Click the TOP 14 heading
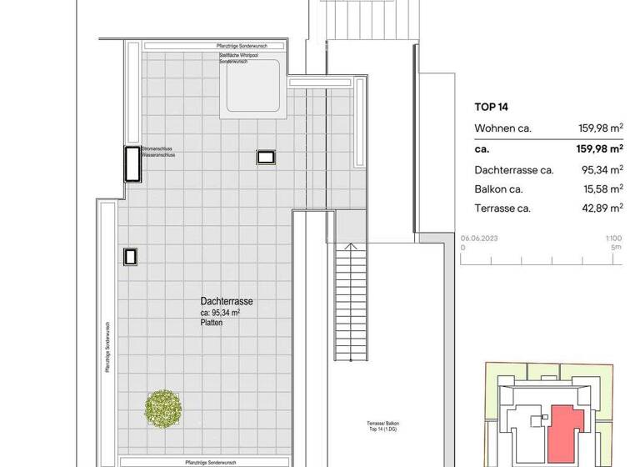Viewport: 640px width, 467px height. (491, 107)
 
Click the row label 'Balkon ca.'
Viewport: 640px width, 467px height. (498, 188)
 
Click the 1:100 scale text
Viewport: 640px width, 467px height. (613, 238)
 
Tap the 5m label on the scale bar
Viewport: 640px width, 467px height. (616, 247)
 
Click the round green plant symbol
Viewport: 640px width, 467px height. (164, 407)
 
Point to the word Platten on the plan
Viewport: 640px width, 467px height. (212, 322)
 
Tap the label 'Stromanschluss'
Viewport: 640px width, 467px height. (159, 148)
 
